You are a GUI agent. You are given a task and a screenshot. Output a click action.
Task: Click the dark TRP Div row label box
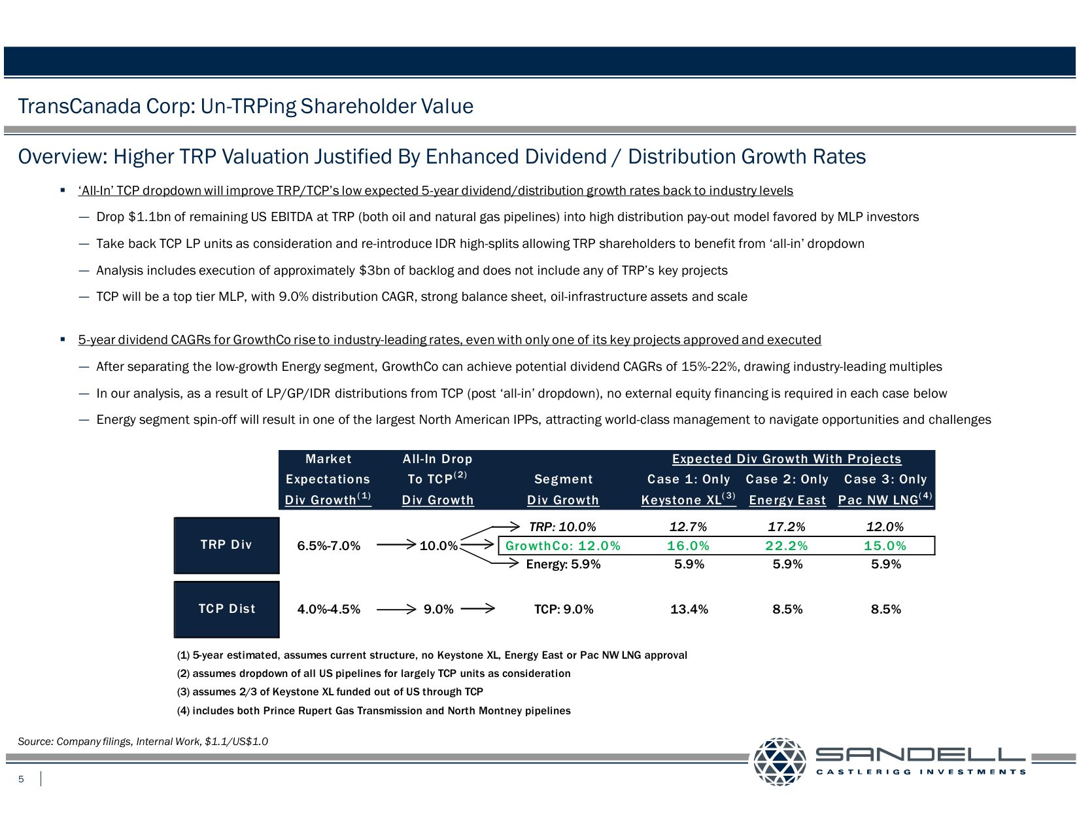pos(226,545)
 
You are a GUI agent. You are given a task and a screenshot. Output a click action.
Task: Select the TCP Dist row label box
pos(226,609)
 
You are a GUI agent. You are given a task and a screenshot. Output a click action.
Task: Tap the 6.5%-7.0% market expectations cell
pos(328,546)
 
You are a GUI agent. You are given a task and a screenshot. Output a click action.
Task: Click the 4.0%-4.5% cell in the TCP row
pos(328,609)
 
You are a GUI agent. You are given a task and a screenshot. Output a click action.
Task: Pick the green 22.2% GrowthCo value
pos(787,546)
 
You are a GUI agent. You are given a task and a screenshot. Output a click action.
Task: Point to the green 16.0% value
pos(688,546)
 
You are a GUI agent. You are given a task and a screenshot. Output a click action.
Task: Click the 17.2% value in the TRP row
pos(787,527)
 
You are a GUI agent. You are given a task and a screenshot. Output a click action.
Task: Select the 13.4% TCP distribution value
pos(689,609)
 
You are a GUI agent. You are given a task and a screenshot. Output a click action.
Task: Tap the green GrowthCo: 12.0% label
pos(563,546)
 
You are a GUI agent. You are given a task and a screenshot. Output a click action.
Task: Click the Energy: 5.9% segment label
pos(563,564)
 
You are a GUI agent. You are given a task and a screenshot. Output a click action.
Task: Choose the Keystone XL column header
pos(688,500)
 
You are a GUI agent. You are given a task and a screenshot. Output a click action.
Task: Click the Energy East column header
pos(787,500)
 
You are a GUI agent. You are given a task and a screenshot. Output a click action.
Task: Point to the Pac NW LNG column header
pos(885,500)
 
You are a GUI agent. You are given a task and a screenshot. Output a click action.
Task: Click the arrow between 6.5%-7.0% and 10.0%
pos(396,544)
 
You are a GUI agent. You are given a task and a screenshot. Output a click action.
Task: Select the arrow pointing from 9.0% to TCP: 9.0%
pos(478,609)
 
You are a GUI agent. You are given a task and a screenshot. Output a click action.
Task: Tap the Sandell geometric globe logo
pos(779,761)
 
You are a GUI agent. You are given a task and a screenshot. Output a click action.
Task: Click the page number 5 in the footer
pos(21,778)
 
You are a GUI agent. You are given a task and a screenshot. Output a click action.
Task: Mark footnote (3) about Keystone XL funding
pos(330,691)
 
